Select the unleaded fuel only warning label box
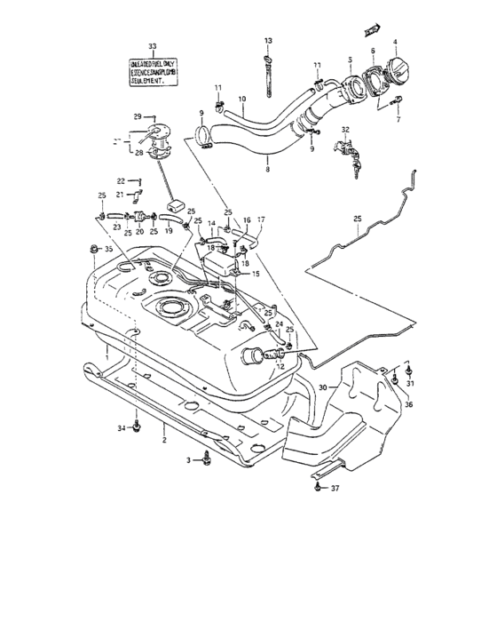pyautogui.click(x=151, y=68)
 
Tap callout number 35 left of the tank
pyautogui.click(x=109, y=251)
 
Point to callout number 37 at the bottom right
pyautogui.click(x=335, y=488)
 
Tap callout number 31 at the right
pyautogui.click(x=410, y=383)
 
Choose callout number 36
pyautogui.click(x=408, y=405)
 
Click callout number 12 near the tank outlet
pyautogui.click(x=280, y=366)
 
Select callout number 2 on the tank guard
pyautogui.click(x=163, y=439)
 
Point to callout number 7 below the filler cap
pyautogui.click(x=398, y=120)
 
